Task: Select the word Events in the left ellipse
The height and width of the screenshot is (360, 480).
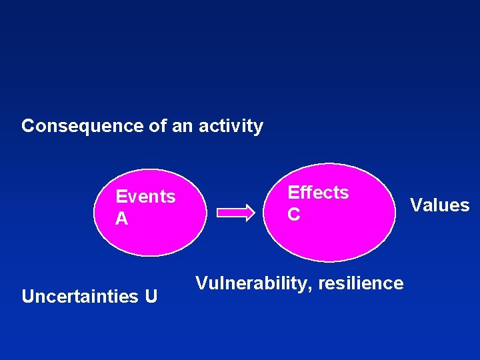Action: point(145,197)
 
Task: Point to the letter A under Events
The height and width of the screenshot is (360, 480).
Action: point(122,219)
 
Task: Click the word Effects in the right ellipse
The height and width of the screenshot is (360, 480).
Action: point(318,193)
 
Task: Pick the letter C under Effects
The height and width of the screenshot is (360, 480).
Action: point(294,215)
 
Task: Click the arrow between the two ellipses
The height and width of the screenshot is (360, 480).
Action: point(237,213)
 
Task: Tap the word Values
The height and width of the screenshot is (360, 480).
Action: point(439,205)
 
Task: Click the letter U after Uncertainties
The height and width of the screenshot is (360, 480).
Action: point(151,296)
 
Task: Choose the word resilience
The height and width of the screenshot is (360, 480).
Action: point(361,283)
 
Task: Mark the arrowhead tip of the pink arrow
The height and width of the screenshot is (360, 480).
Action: point(254,213)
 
